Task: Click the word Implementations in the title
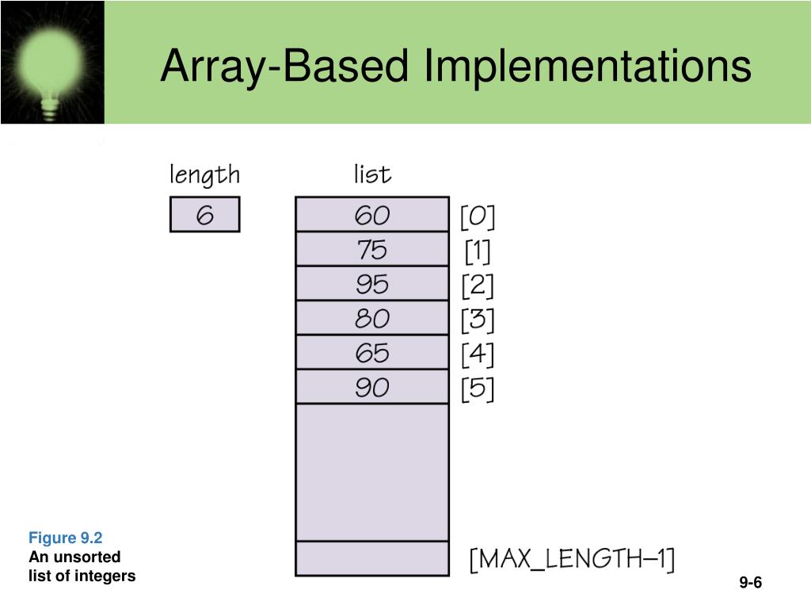coord(587,65)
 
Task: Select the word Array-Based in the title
coord(286,65)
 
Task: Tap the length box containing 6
coord(204,215)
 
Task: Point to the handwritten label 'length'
coord(204,175)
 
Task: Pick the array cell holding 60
coord(371,215)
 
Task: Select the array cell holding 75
coord(371,250)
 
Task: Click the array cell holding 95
coord(371,284)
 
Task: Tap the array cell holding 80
coord(371,319)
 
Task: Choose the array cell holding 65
coord(371,353)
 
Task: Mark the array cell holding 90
coord(371,388)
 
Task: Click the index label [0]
coord(478,216)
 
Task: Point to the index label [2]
coord(478,285)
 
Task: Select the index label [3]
coord(478,320)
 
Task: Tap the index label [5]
coord(478,389)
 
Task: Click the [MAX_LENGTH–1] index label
coord(572,559)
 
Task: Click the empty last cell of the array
coord(371,558)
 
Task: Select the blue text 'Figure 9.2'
coord(66,538)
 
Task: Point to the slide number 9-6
coord(750,584)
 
